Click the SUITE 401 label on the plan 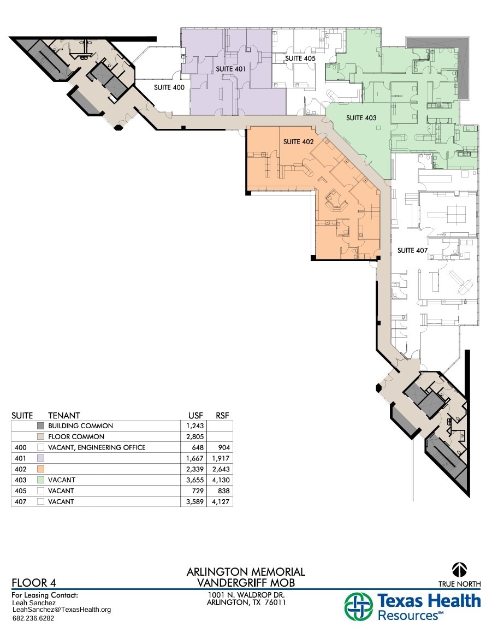coord(230,69)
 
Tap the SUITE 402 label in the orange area coord(298,142)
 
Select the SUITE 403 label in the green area coord(361,118)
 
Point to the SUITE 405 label coord(300,58)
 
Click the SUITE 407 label coord(412,251)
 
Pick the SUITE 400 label coord(169,87)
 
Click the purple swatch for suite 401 coord(40,458)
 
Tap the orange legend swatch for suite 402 coord(40,469)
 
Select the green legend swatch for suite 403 coord(40,480)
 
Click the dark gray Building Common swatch coord(40,426)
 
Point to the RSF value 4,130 coord(220,480)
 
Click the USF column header coord(195,416)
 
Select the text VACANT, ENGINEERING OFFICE coord(97,448)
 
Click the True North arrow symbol coord(459,570)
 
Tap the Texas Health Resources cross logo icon coord(359,607)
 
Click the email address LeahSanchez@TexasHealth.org coord(61,610)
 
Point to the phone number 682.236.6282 coord(33,618)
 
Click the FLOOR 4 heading coord(34,582)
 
